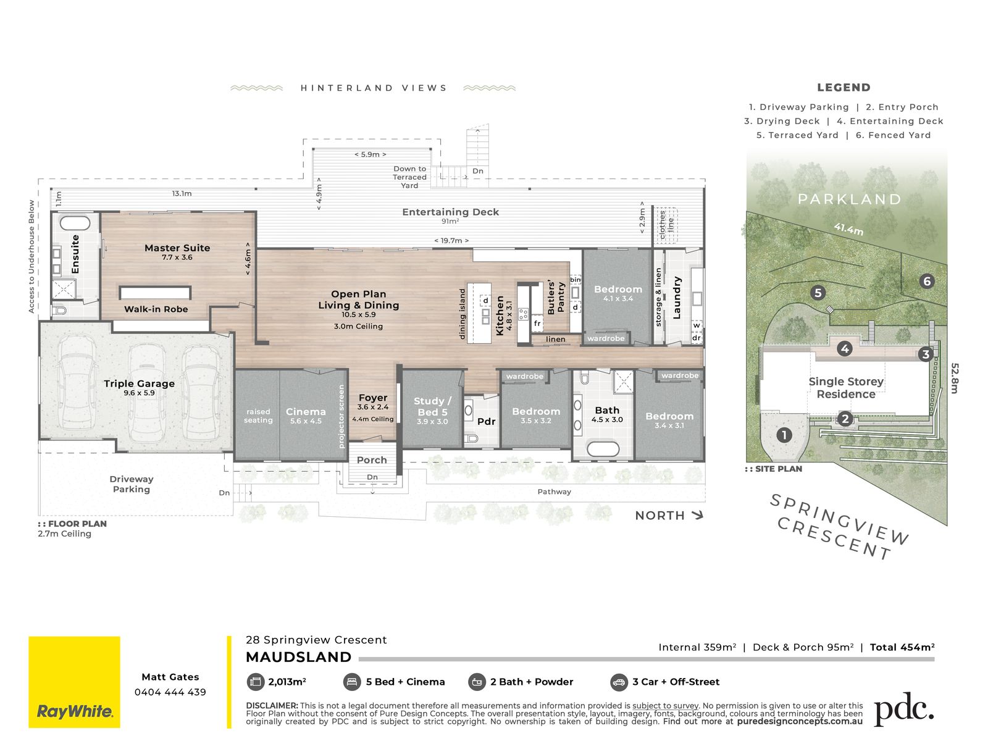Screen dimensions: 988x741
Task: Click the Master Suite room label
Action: point(177,248)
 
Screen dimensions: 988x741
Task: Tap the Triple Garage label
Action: point(139,383)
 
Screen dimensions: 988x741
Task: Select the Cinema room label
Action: point(306,412)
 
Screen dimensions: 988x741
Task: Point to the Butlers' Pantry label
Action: point(555,297)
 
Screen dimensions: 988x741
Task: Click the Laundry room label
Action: point(677,298)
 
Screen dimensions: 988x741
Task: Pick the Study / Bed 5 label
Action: point(432,406)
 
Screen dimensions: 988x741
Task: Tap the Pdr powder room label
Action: point(486,422)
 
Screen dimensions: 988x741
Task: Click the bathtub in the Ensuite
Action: point(75,223)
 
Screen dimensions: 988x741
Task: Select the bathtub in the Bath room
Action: point(603,448)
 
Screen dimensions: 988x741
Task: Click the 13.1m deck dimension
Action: point(182,193)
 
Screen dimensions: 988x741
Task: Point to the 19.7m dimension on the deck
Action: point(451,241)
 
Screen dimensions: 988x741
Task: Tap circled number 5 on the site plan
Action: point(818,293)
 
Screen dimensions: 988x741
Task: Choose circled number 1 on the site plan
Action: point(784,435)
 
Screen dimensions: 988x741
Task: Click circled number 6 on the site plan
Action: point(927,282)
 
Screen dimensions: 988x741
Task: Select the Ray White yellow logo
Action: point(74,682)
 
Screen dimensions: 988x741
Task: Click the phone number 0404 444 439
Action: point(170,692)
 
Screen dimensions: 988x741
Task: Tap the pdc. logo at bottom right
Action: point(904,709)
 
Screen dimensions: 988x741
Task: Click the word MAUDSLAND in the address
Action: point(298,657)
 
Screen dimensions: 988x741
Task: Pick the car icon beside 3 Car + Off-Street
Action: point(619,682)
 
